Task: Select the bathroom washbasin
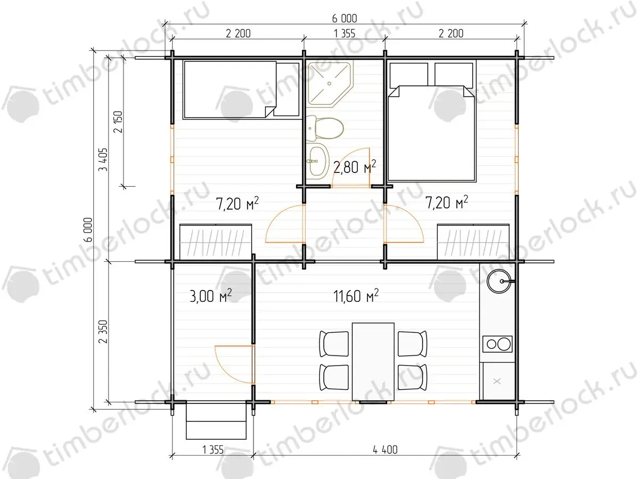pos(317,161)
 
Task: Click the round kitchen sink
pos(499,281)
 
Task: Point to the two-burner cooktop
pos(497,344)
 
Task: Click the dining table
pos(373,361)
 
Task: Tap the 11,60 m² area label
pos(356,296)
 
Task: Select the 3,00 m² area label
pos(210,296)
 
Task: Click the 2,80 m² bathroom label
pos(355,167)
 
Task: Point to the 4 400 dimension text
pos(385,450)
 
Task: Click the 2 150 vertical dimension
pos(119,122)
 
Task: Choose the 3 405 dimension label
pos(103,160)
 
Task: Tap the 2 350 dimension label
pos(103,332)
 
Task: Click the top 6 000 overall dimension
pos(345,19)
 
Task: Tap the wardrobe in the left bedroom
pos(216,242)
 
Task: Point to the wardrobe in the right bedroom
pos(473,242)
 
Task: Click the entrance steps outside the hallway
pos(216,421)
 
